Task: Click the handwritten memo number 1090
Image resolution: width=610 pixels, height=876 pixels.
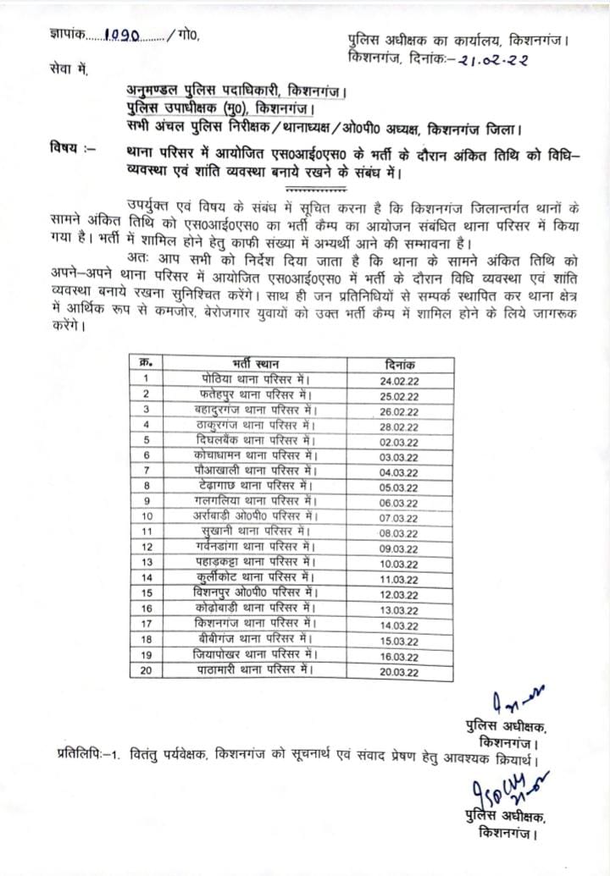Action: (x=122, y=36)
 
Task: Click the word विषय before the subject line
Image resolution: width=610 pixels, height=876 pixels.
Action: (x=64, y=149)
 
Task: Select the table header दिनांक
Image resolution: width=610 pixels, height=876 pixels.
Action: (x=399, y=363)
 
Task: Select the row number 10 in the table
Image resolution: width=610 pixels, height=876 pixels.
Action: (x=147, y=516)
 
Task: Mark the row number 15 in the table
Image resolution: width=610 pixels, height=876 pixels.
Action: (x=147, y=593)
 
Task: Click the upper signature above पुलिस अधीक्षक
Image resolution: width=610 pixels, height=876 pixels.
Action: (x=518, y=702)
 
